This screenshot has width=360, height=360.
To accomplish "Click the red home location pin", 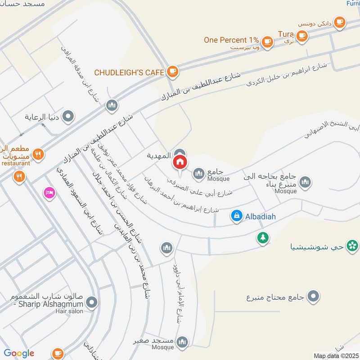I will [x=180, y=162].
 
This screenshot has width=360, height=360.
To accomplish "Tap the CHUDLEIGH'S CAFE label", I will [x=128, y=72].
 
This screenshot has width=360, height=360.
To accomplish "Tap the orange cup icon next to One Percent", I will [x=267, y=41].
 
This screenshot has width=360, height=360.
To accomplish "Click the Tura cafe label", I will [x=286, y=34].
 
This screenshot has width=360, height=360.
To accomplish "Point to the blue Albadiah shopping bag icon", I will [x=236, y=216].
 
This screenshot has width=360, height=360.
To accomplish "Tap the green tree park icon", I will [x=262, y=237].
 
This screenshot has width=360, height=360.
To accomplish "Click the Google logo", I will [x=19, y=353].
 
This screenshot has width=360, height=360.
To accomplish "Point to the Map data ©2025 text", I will [x=335, y=356].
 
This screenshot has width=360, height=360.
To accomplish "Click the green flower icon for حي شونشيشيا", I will [x=352, y=246].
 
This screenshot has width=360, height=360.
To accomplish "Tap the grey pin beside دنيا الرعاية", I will [x=68, y=117].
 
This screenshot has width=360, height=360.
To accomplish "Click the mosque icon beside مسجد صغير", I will [x=182, y=342].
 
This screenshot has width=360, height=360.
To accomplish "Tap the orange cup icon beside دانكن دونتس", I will [x=339, y=21].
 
